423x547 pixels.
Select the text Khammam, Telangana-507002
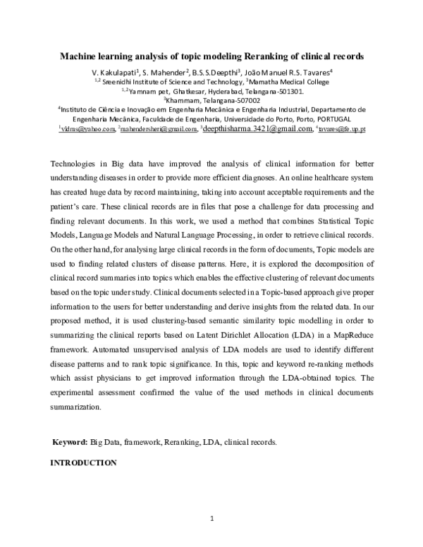pyautogui.click(x=211, y=100)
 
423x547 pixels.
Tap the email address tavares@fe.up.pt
pyautogui.click(x=342, y=130)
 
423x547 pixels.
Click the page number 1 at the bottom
pyautogui.click(x=211, y=520)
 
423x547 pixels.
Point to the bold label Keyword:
pyautogui.click(x=70, y=442)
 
